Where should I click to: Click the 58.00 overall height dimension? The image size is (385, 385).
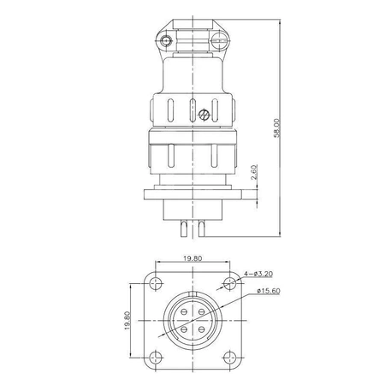click(x=277, y=128)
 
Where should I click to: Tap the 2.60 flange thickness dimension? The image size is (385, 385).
click(x=254, y=172)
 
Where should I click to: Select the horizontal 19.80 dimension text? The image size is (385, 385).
click(x=192, y=258)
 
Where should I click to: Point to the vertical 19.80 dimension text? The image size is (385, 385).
click(x=127, y=321)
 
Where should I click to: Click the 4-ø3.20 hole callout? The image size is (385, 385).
click(x=258, y=274)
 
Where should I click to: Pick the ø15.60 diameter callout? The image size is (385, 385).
click(x=268, y=291)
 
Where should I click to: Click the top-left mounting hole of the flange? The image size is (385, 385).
click(x=156, y=283)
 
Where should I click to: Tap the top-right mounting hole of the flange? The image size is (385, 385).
click(x=229, y=283)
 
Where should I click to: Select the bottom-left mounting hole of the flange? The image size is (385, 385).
click(x=156, y=358)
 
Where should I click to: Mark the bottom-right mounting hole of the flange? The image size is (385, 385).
click(x=229, y=358)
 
